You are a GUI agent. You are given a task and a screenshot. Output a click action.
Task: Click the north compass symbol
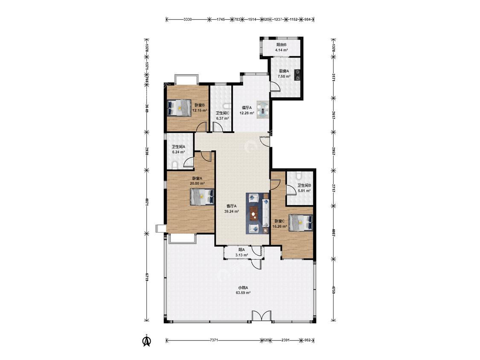[x=147, y=340]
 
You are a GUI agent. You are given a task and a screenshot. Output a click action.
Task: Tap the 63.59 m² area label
[x=243, y=293]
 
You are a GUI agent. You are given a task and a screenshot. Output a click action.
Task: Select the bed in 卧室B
[x=179, y=107]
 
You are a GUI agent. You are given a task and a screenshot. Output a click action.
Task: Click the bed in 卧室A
[x=202, y=197]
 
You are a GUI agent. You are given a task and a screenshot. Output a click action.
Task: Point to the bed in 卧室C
[x=301, y=222]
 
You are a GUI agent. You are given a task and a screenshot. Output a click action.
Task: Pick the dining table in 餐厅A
[x=263, y=110]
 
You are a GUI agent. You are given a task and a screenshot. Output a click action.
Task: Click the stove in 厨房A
[x=297, y=75]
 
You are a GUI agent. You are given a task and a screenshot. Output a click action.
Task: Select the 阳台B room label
[x=281, y=45]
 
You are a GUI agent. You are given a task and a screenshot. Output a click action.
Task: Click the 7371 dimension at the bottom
[x=214, y=340]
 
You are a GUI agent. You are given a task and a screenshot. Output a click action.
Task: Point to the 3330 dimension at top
[x=188, y=19]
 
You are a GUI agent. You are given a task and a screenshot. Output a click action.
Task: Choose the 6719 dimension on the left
[x=147, y=277]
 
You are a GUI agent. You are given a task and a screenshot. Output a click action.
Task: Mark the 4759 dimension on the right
[x=334, y=290]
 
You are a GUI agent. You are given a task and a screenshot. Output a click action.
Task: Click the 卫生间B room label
[x=304, y=185]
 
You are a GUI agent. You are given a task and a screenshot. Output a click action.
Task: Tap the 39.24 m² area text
[x=231, y=211]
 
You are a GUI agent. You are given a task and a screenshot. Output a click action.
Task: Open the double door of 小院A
[x=262, y=316]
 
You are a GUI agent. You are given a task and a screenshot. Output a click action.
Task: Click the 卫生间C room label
[x=222, y=113]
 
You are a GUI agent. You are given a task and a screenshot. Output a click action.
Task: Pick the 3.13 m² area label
[x=241, y=255]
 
